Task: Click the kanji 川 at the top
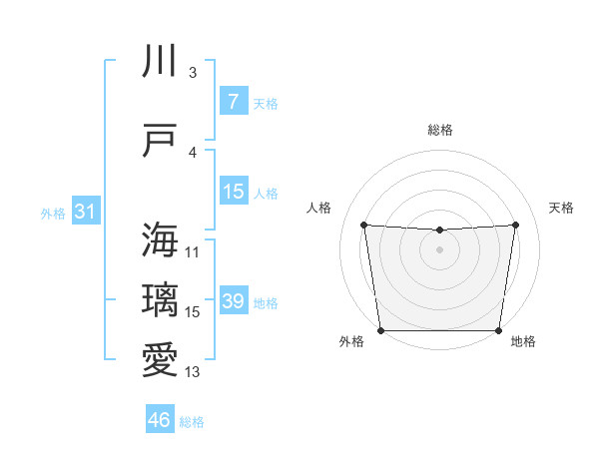pos(161,61)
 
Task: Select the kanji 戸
pos(161,141)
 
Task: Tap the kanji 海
pos(161,239)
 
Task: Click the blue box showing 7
pos(233,101)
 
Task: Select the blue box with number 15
pos(233,191)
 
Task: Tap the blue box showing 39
pos(233,300)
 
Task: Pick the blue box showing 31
pos(85,212)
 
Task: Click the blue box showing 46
pos(160,420)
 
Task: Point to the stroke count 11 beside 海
pos(193,252)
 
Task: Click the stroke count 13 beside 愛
pos(193,372)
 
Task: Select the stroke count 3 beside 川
pos(193,73)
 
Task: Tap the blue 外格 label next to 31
pos(52,213)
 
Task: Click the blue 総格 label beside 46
pos(192,422)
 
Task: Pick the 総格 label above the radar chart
pos(439,130)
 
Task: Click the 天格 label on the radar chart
pos(561,208)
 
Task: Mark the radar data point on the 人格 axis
pos(363,225)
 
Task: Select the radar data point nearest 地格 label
pos(498,330)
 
